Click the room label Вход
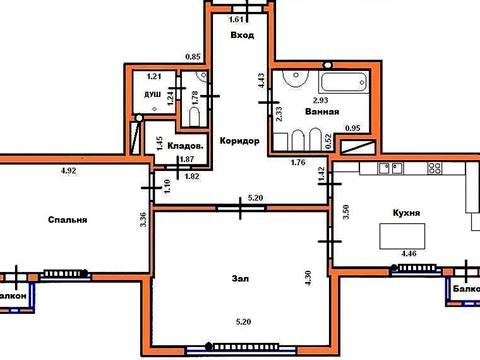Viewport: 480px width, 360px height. [x=241, y=36]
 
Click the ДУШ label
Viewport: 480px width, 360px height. [x=152, y=95]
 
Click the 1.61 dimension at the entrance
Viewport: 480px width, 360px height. [x=238, y=18]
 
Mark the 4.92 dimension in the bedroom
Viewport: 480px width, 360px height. [x=68, y=171]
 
